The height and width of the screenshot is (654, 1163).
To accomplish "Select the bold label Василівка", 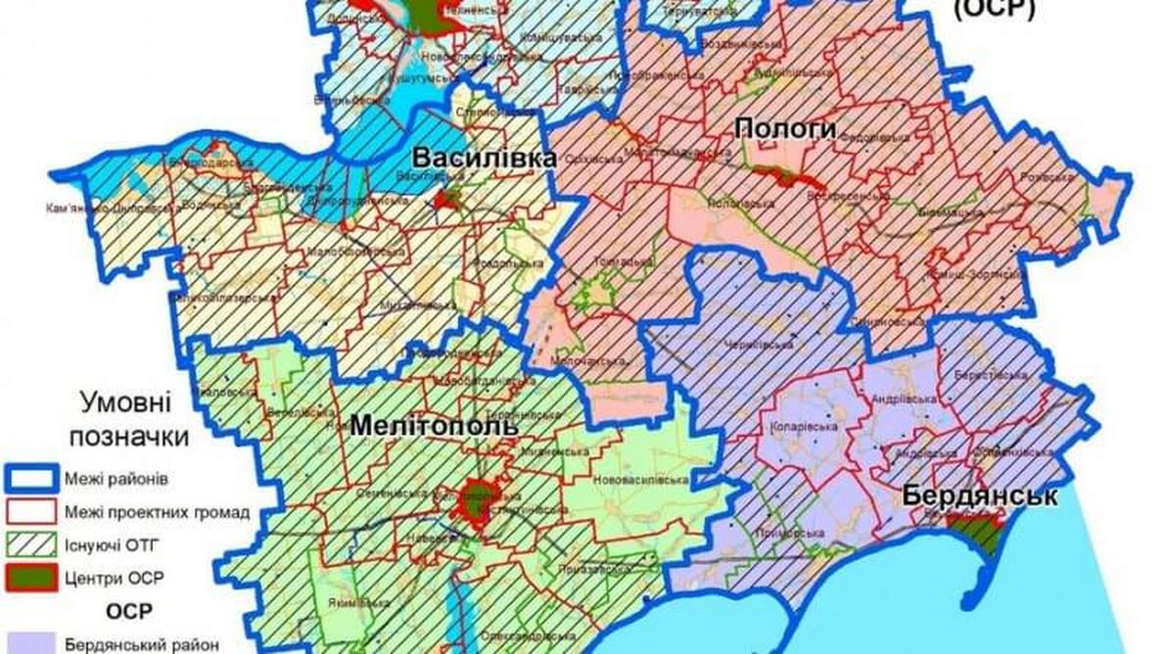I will pyautogui.click(x=484, y=159).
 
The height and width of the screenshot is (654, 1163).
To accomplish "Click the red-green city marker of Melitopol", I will pyautogui.click(x=479, y=499).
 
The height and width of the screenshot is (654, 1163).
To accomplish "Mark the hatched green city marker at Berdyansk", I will pyautogui.click(x=979, y=535).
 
